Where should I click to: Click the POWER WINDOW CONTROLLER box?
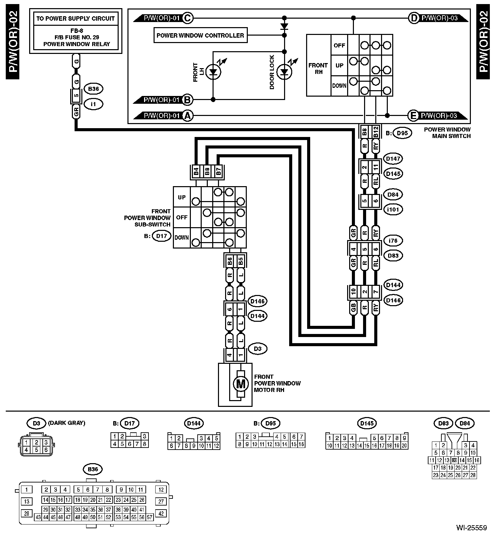point(200,36)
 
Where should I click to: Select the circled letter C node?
point(187,18)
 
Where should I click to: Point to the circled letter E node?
point(413,116)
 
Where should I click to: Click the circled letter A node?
point(187,116)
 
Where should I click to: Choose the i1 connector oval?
point(94,104)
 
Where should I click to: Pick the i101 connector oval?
point(393,210)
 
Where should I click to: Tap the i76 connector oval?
point(393,241)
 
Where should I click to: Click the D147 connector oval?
point(393,158)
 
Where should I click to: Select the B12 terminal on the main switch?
point(375,132)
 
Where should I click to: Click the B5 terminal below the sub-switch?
point(240,261)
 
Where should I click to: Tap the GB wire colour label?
point(353,308)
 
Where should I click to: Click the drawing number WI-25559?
point(471,528)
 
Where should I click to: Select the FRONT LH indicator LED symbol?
point(213,72)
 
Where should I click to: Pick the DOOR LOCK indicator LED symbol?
point(284,72)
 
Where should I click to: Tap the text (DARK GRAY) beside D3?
point(67,423)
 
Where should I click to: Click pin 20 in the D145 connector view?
point(404,446)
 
